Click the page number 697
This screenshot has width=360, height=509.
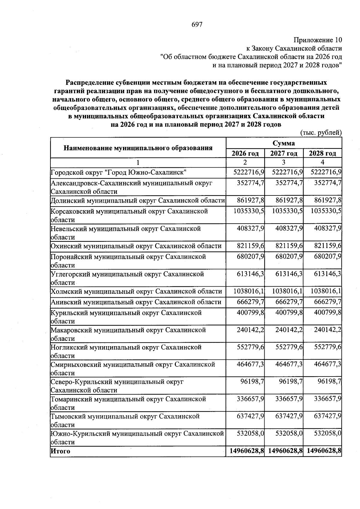tap(197, 25)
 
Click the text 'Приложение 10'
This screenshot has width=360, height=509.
tap(318, 40)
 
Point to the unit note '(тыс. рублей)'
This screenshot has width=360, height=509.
tap(321, 132)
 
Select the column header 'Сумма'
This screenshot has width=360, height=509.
tap(283, 143)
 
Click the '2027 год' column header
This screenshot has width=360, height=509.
tap(283, 153)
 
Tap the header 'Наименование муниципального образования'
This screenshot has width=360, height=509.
tap(138, 148)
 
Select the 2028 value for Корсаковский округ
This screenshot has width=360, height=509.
tap(326, 211)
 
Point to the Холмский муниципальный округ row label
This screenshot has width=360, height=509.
tap(136, 291)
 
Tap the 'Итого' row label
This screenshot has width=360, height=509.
tap(61, 451)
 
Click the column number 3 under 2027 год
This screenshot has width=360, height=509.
tap(283, 162)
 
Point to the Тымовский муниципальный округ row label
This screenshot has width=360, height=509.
tap(125, 416)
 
